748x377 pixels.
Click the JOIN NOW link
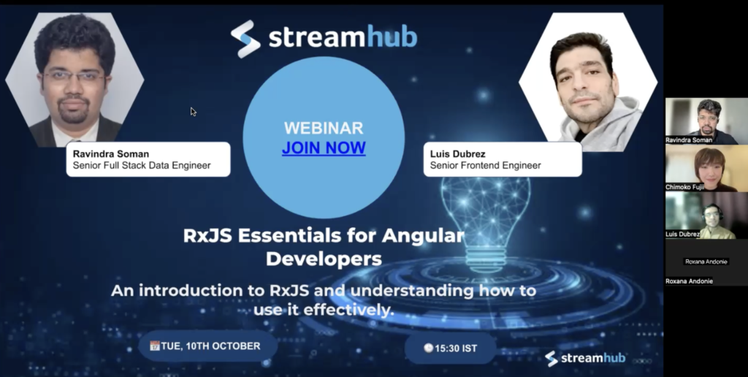pos(324,148)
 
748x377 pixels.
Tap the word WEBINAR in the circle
pos(324,128)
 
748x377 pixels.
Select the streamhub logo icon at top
pos(245,39)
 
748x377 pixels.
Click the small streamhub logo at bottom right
pos(585,359)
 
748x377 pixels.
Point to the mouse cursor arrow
pos(193,112)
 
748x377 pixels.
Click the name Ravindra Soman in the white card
pos(111,153)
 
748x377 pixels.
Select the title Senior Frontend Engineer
pos(485,165)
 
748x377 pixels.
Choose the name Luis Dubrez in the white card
pos(457,153)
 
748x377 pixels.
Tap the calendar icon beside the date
pos(155,346)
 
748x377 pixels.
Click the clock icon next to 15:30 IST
pos(428,348)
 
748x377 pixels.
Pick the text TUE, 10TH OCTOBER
pos(210,346)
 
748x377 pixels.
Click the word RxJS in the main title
pos(208,235)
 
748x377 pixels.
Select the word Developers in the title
pos(324,259)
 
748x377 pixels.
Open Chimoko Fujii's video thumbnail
pos(706,167)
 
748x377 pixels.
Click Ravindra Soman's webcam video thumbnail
pos(706,121)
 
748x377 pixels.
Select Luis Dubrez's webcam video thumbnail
pos(706,215)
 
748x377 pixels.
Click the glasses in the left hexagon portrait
pos(74,77)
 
